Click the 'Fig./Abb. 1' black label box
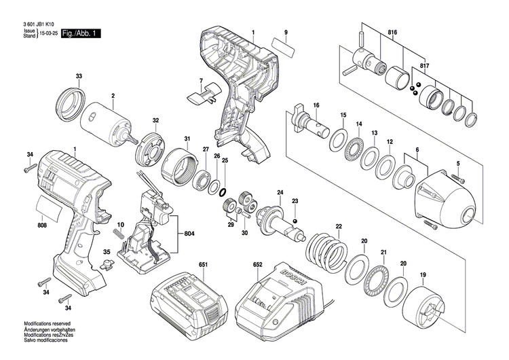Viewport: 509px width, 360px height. pyautogui.click(x=80, y=33)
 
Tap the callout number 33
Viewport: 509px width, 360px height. pyautogui.click(x=79, y=75)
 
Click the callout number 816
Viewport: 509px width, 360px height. pyautogui.click(x=392, y=32)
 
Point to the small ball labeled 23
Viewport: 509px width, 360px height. pyautogui.click(x=295, y=221)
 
